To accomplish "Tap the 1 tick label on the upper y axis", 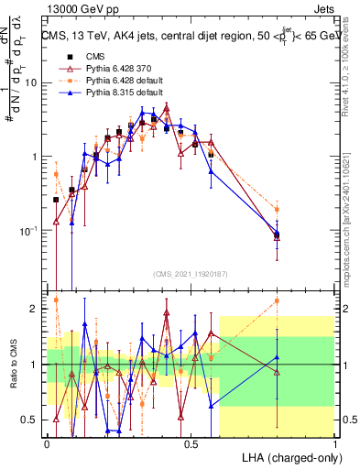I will click(34, 156).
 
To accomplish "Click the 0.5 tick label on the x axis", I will click(191, 442).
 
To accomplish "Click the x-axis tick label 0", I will click(47, 442).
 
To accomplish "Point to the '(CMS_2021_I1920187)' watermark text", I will click(191, 274).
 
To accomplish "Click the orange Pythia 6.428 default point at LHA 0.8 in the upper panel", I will click(277, 210).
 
